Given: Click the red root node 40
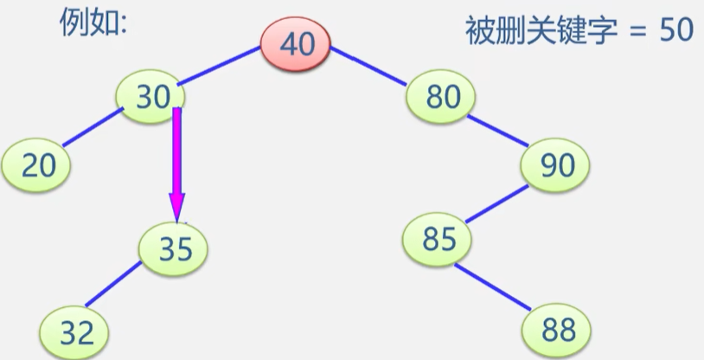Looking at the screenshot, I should (297, 44).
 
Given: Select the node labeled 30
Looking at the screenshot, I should (152, 97).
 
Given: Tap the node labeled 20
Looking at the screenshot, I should (38, 164).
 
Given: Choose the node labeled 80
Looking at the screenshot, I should (443, 97).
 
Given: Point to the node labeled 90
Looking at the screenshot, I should (557, 164).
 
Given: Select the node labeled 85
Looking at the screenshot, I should (439, 238).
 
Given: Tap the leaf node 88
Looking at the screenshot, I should (558, 329).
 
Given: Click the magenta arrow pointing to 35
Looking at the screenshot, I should (176, 164).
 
